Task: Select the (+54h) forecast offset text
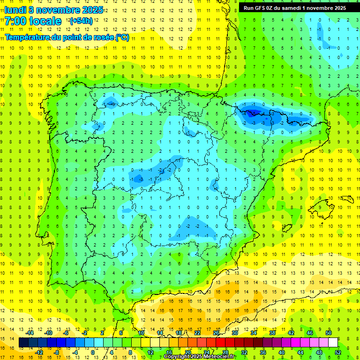pos(81,21)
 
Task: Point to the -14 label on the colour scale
pos(30,333)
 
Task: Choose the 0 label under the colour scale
pos(93,352)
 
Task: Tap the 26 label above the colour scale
pos(216,333)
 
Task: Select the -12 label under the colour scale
pos(39,352)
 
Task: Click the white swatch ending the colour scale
pos(332,343)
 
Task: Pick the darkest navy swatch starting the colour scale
pos(23,343)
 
